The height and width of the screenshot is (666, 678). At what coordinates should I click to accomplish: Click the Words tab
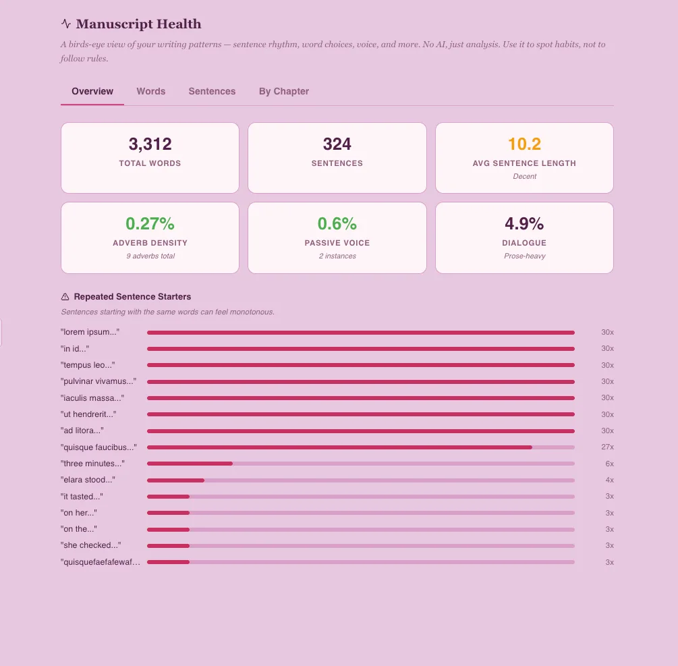click(150, 91)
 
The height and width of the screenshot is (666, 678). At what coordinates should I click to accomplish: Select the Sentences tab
click(212, 91)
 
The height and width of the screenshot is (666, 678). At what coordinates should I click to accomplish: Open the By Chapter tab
click(283, 91)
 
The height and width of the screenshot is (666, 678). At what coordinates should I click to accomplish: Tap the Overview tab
click(92, 91)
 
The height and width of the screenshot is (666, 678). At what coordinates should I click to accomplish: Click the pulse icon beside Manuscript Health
click(66, 24)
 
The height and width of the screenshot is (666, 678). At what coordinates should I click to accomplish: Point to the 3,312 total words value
click(150, 144)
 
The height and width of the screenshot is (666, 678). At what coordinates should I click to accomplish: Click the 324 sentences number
click(337, 144)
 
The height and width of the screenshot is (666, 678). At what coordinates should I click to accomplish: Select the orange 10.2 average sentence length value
click(524, 144)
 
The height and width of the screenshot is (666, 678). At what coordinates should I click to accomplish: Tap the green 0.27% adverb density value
click(150, 223)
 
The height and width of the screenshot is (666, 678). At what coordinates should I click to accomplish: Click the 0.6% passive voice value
click(337, 223)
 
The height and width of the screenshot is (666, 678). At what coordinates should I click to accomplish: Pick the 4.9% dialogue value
click(524, 223)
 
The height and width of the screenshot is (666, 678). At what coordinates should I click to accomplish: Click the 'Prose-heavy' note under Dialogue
click(524, 256)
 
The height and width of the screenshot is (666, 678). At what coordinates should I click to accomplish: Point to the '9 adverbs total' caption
click(150, 256)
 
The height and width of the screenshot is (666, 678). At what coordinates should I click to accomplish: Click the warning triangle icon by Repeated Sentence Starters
click(65, 297)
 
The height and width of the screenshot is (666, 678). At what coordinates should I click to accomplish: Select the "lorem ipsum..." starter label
click(90, 332)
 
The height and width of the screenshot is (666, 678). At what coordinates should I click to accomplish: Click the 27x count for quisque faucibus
click(607, 447)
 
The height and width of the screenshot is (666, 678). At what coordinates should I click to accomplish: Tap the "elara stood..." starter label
click(88, 480)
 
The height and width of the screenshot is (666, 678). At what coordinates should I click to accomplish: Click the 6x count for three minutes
click(609, 464)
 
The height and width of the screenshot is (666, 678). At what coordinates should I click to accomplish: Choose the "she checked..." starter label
click(90, 545)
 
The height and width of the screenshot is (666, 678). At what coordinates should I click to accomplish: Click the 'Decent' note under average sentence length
click(524, 177)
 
